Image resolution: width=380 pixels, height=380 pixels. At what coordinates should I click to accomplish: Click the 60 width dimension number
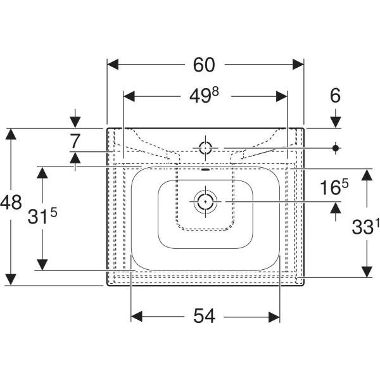click(205, 64)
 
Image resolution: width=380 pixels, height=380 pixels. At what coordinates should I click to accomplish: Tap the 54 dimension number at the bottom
click(205, 315)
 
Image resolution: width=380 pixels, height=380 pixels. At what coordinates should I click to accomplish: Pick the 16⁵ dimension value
click(334, 187)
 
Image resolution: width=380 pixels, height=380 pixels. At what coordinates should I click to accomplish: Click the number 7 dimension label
click(76, 141)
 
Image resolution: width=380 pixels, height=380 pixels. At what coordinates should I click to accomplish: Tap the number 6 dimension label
click(335, 96)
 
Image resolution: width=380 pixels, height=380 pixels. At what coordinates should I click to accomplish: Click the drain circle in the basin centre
click(206, 202)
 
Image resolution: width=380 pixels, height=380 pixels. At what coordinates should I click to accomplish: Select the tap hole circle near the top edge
click(206, 148)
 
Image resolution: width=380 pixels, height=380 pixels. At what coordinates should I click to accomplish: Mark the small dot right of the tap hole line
click(336, 148)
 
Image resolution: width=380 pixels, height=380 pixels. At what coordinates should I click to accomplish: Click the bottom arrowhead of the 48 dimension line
click(11, 280)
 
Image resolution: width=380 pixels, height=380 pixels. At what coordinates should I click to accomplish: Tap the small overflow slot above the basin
click(206, 169)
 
